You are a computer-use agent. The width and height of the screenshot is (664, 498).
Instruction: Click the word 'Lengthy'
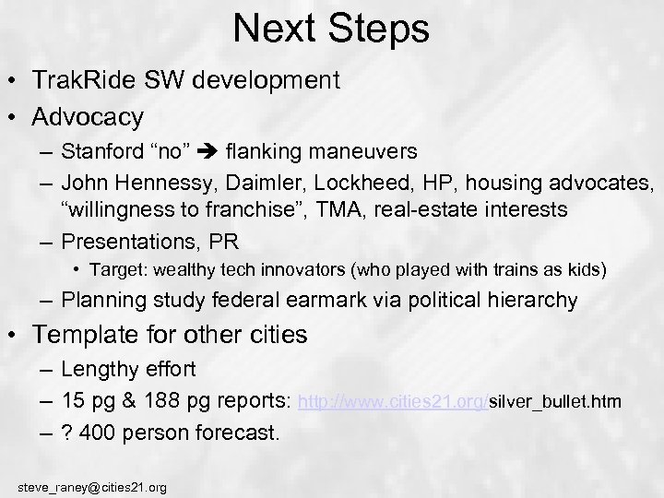[x=98, y=370]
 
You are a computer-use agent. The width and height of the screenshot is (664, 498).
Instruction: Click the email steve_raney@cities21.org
[x=92, y=486]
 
